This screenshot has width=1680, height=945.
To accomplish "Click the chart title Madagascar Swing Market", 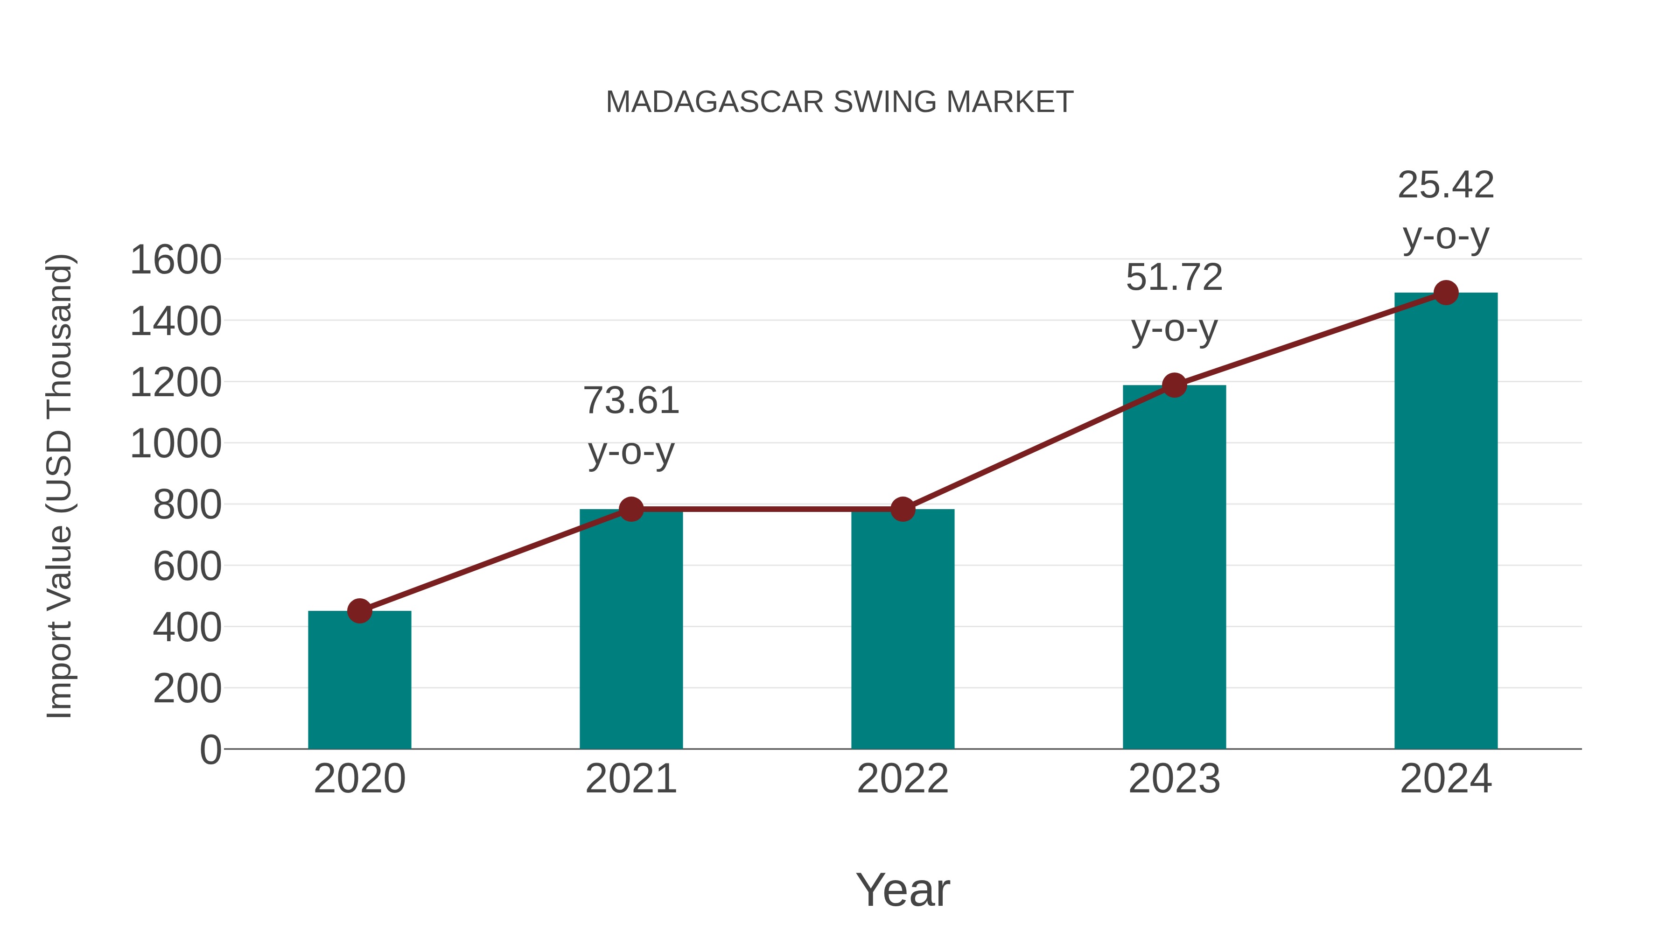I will point(840,102).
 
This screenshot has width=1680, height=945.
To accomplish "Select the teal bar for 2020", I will point(359,681).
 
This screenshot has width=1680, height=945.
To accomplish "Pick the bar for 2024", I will point(1446,522).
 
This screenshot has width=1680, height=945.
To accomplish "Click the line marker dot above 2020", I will point(359,611).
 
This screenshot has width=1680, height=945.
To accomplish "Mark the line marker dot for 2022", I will point(903,509).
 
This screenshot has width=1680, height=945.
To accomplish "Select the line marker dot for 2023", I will point(1174,385).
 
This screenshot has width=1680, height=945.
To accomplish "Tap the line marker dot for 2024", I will point(1446,293).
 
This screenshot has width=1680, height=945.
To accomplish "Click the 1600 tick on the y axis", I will point(176,260).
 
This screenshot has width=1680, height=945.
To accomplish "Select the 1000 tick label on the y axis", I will point(176,444).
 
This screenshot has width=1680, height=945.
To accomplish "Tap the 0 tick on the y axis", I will point(210,750).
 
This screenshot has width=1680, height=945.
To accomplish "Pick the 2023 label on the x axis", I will point(1174,779).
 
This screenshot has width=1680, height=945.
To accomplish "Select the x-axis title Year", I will point(903,889).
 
